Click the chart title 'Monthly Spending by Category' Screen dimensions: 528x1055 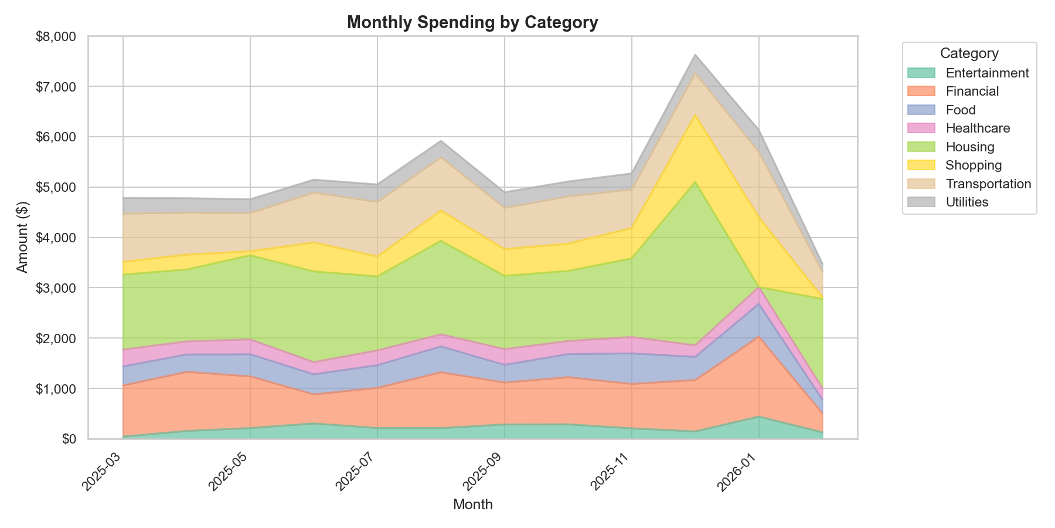point(472,22)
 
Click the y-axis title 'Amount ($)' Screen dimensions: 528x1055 point(22,237)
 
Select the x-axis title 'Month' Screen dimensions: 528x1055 point(472,505)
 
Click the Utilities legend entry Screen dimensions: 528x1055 point(967,202)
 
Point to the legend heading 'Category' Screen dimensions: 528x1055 point(969,53)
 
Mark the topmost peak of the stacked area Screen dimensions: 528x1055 point(695,55)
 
